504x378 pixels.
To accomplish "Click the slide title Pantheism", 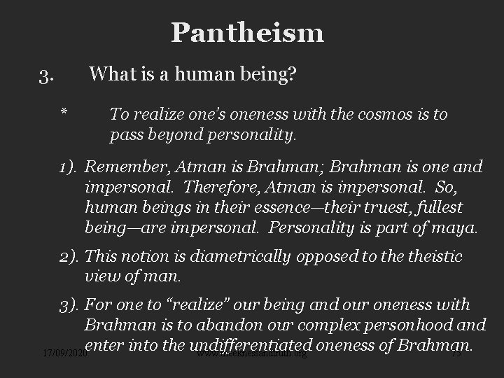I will click(x=247, y=32).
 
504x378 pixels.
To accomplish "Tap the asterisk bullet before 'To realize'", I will click(x=64, y=114).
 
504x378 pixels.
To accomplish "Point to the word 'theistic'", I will click(x=433, y=257).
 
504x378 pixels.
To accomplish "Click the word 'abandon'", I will click(x=258, y=325).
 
